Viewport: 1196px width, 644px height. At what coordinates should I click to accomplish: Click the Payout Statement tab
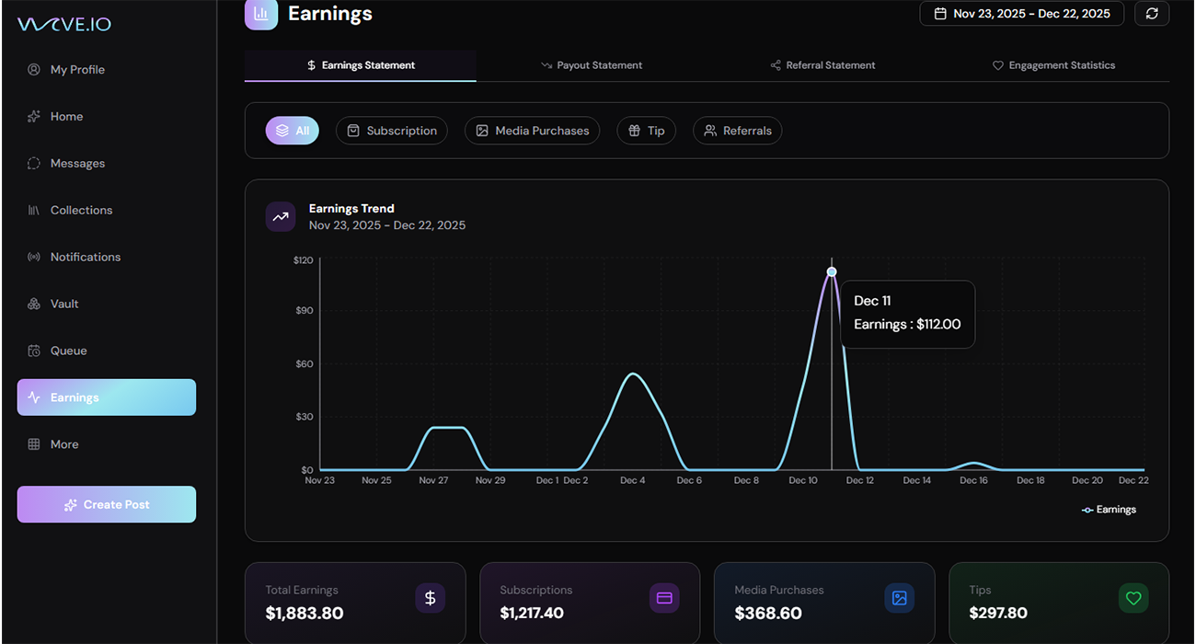592,65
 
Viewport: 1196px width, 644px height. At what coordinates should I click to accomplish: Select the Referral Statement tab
823,65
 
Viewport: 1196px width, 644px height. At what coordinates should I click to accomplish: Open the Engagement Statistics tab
1053,65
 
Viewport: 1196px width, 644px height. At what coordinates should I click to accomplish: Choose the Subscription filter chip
392,131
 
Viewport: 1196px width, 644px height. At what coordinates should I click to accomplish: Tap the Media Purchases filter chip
532,131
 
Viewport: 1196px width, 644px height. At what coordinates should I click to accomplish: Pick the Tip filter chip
646,131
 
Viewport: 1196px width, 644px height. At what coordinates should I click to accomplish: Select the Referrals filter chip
737,131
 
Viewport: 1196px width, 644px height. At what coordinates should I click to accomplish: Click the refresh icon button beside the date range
1152,14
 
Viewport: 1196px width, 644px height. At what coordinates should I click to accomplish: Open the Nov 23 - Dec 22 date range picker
1021,14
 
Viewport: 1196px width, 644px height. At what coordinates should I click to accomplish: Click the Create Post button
107,504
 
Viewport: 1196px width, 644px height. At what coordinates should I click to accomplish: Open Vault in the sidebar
64,304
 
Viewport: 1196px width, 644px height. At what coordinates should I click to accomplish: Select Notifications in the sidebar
85,257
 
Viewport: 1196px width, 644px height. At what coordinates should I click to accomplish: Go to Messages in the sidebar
77,163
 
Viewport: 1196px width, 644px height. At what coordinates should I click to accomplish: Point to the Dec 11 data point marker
832,271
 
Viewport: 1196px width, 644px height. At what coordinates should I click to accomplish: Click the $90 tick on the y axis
303,311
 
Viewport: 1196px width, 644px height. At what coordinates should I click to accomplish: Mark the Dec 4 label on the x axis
632,480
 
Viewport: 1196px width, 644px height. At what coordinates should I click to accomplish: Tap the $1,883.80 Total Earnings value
305,613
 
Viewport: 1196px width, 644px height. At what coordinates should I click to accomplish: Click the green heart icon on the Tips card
1133,598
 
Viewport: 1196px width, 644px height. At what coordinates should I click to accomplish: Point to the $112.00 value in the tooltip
938,324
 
